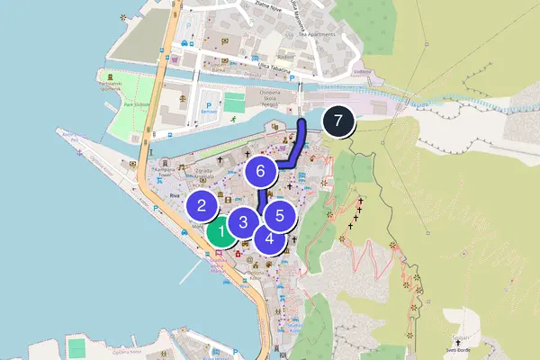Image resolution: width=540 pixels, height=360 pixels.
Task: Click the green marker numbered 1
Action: click(219, 232)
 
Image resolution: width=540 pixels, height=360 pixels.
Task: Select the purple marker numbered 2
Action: click(202, 204)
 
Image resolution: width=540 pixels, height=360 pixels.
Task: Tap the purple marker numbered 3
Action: click(243, 221)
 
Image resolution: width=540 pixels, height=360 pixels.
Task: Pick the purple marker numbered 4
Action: click(270, 238)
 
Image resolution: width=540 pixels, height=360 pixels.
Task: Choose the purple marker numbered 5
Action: click(281, 215)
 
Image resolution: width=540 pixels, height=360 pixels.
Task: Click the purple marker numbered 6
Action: click(260, 170)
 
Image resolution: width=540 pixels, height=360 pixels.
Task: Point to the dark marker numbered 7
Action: click(337, 121)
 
